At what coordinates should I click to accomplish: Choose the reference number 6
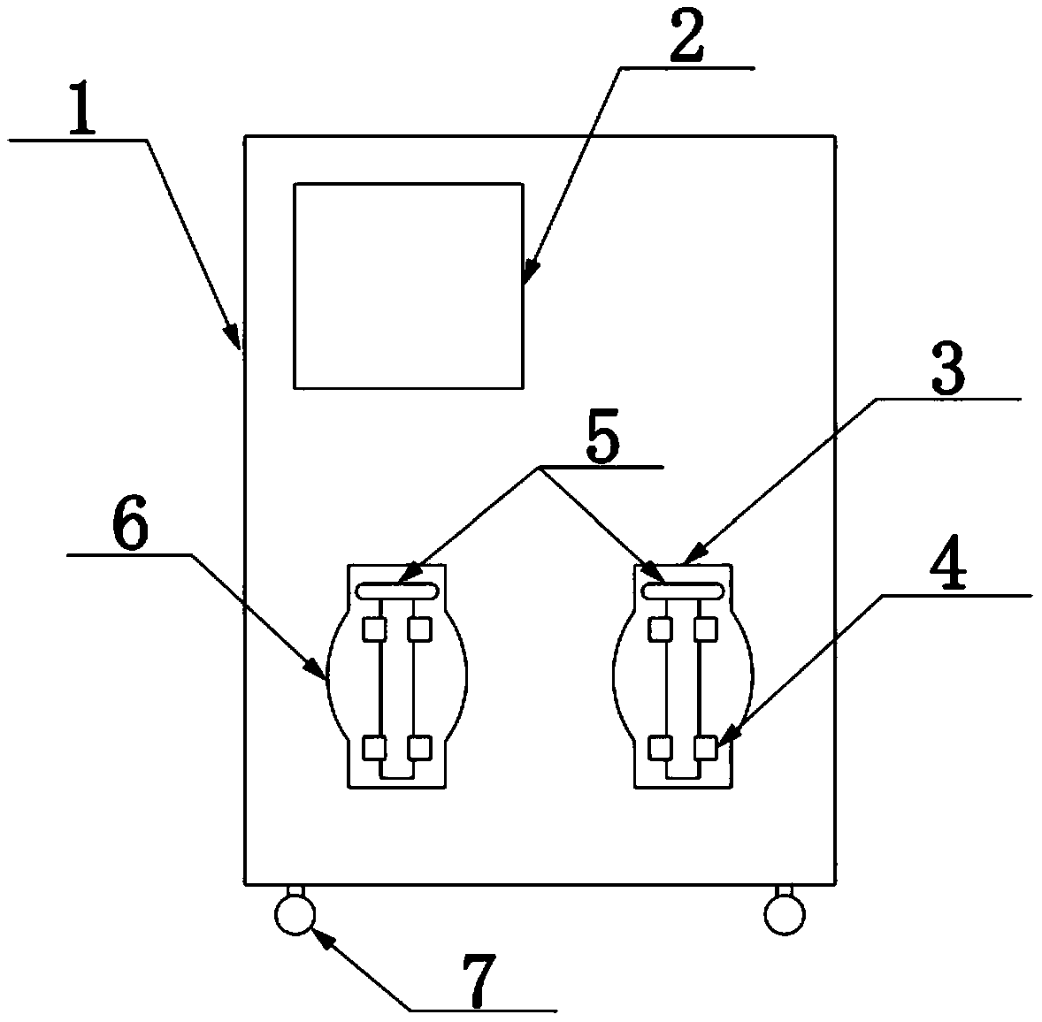pyautogui.click(x=129, y=528)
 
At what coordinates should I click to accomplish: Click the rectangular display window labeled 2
pyautogui.click(x=408, y=286)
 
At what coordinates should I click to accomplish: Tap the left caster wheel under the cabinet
pyautogui.click(x=295, y=916)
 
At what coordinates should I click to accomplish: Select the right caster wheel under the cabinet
pyautogui.click(x=784, y=916)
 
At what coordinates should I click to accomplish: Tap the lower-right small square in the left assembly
pyautogui.click(x=418, y=748)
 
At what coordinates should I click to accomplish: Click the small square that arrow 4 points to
pyautogui.click(x=705, y=748)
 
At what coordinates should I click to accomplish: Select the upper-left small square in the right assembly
pyautogui.click(x=660, y=629)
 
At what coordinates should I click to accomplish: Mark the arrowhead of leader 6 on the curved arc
pyautogui.click(x=319, y=669)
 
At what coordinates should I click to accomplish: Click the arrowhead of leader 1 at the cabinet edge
pyautogui.click(x=238, y=340)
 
